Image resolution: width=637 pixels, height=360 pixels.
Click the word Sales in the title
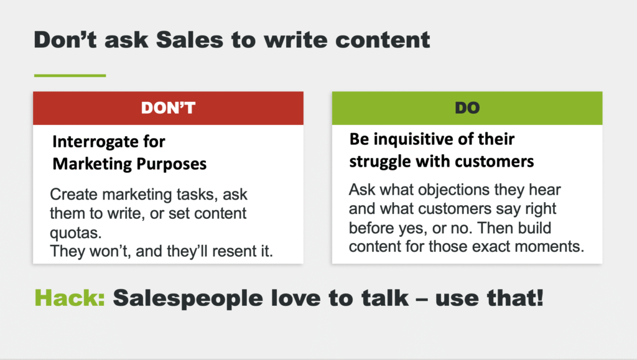(x=190, y=40)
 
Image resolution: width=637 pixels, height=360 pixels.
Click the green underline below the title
(x=70, y=75)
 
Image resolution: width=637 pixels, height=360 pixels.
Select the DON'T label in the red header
(x=168, y=108)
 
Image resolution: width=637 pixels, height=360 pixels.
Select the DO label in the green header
(x=467, y=108)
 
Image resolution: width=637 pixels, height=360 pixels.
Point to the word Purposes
(x=172, y=164)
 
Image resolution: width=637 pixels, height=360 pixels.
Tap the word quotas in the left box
(x=75, y=233)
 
